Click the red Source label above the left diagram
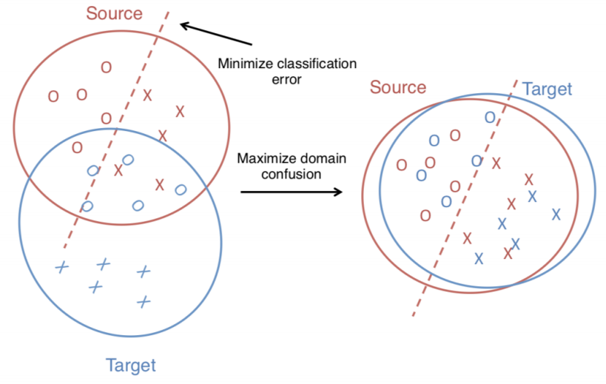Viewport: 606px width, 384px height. pyautogui.click(x=114, y=14)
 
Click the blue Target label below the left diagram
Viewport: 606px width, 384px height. pyautogui.click(x=130, y=366)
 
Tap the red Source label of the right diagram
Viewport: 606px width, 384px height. pyautogui.click(x=398, y=87)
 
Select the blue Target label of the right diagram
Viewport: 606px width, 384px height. pyautogui.click(x=547, y=90)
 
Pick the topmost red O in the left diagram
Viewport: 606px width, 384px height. pyautogui.click(x=106, y=67)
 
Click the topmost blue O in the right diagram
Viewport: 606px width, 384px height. pyautogui.click(x=489, y=116)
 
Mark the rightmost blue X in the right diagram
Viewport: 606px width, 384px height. pyautogui.click(x=556, y=215)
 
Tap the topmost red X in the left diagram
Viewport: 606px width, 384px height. pyautogui.click(x=147, y=95)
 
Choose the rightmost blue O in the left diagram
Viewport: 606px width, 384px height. pyautogui.click(x=180, y=189)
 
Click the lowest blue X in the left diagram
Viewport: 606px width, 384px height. pyautogui.click(x=144, y=301)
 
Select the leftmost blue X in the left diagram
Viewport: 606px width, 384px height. pyautogui.click(x=61, y=267)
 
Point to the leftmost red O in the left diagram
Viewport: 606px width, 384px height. pyautogui.click(x=53, y=96)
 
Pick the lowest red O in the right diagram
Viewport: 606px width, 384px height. pyautogui.click(x=425, y=215)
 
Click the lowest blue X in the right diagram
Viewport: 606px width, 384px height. pyautogui.click(x=479, y=258)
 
